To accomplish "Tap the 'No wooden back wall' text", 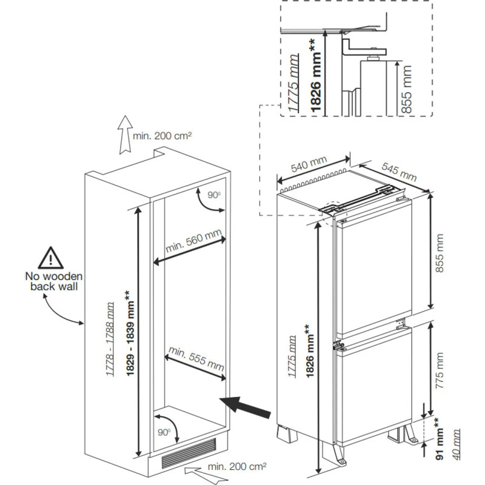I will [54, 281].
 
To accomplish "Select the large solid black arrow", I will [246, 405].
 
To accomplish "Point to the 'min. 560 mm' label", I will [194, 242].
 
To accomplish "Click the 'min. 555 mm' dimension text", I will [196, 359].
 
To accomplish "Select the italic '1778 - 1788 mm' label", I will [110, 339].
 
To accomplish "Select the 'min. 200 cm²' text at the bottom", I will [237, 467].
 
